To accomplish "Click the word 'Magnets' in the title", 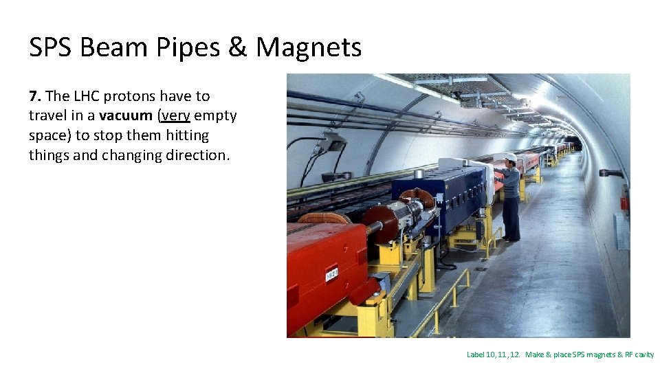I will pyautogui.click(x=309, y=47).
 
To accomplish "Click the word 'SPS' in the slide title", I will pyautogui.click(x=51, y=47).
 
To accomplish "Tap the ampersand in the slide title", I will pyautogui.click(x=238, y=47).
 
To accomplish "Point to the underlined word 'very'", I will pyautogui.click(x=175, y=116).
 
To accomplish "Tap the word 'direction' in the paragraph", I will pyautogui.click(x=196, y=155).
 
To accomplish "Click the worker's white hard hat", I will pyautogui.click(x=510, y=157).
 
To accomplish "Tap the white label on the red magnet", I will pyautogui.click(x=331, y=274).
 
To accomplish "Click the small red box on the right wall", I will pyautogui.click(x=624, y=203).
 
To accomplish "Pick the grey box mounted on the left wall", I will pyautogui.click(x=333, y=142).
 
